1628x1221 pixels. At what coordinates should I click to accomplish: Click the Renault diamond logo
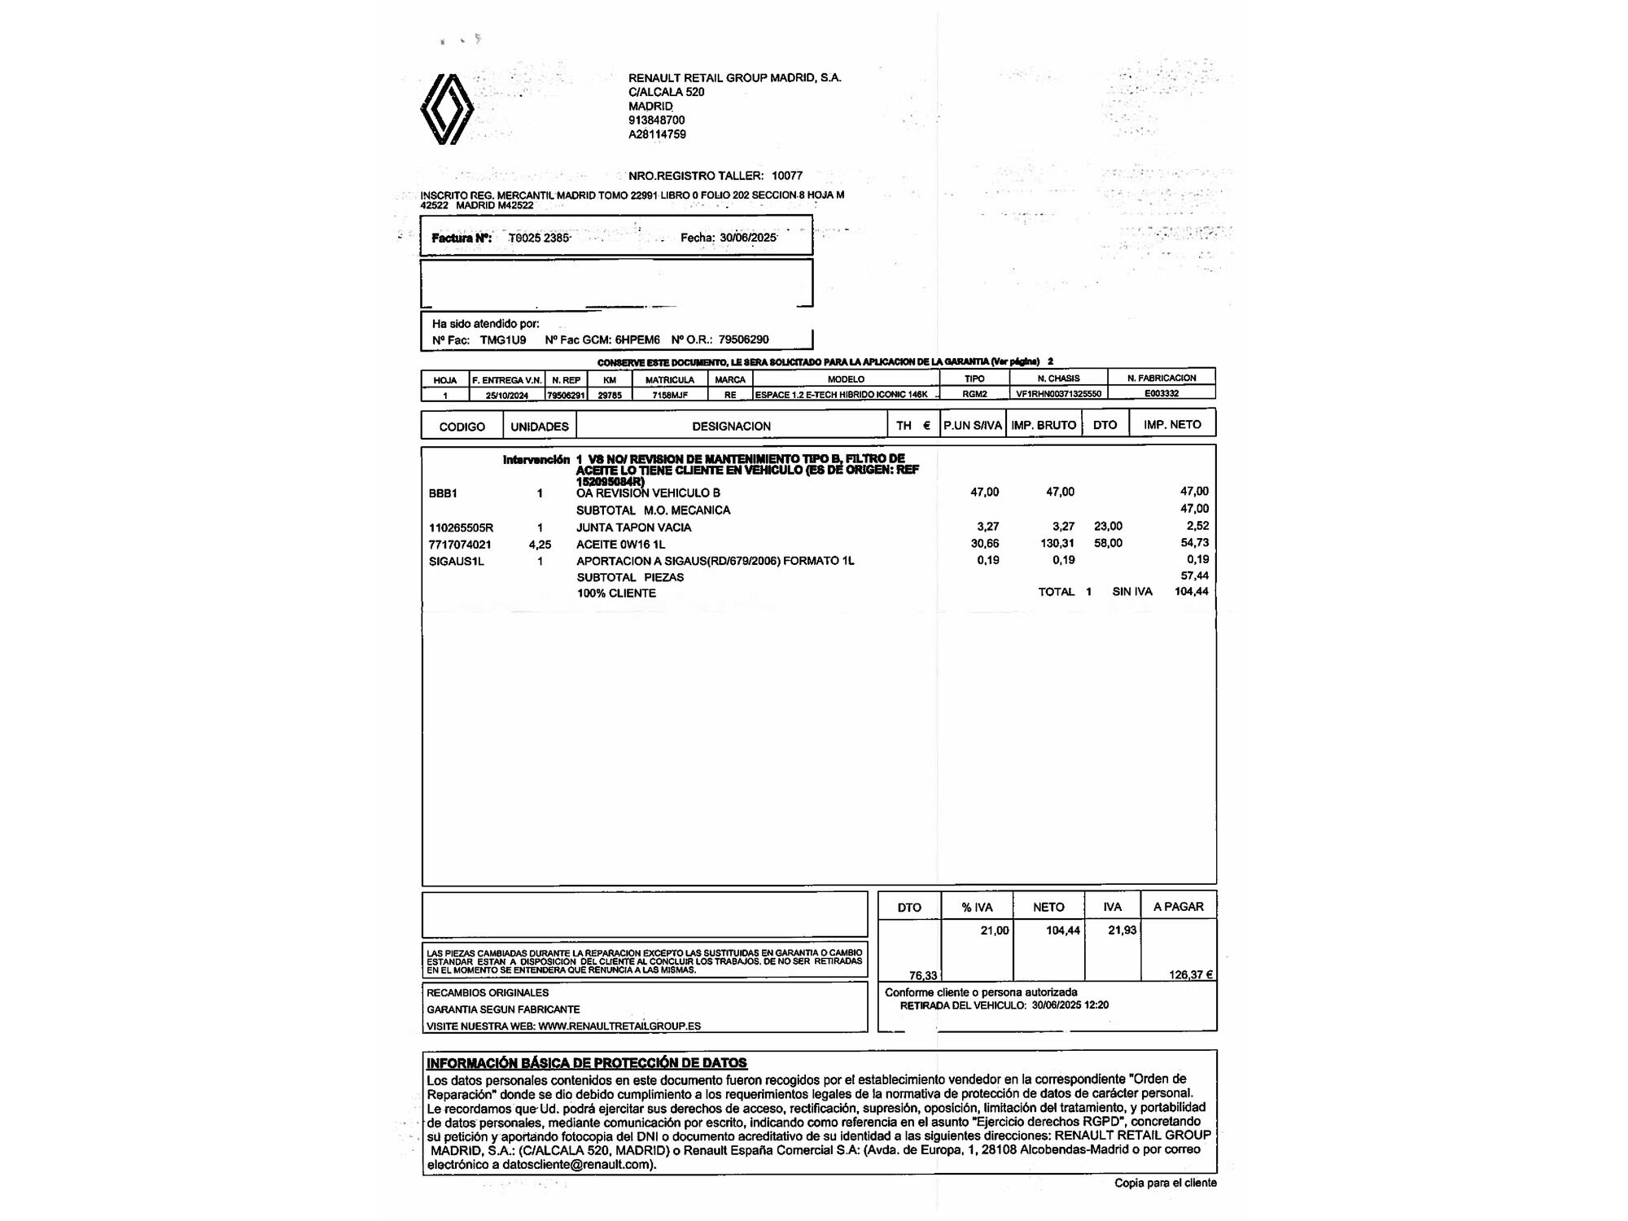[447, 109]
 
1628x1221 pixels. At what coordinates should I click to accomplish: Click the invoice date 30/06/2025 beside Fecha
[748, 238]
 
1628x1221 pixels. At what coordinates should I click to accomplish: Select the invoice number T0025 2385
[539, 238]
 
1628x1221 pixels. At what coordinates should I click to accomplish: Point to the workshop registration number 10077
[787, 176]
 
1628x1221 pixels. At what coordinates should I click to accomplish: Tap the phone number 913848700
[656, 120]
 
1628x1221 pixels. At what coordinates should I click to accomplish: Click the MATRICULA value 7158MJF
[670, 395]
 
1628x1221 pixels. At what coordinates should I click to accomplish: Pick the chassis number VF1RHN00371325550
[1058, 394]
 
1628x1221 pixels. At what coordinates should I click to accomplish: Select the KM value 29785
[610, 395]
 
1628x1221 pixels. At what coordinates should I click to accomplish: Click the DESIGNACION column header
[731, 426]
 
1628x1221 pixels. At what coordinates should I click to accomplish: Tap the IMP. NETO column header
[1172, 425]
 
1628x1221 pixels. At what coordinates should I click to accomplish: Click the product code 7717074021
[460, 545]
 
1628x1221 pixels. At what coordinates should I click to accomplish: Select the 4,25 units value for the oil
[540, 545]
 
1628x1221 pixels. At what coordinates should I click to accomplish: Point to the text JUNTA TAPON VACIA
[633, 527]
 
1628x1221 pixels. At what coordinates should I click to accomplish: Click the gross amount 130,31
[1057, 543]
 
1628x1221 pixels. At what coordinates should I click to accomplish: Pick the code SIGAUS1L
[457, 561]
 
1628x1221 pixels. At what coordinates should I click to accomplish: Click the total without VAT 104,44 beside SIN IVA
[1192, 592]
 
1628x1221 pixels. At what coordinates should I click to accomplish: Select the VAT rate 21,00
[994, 930]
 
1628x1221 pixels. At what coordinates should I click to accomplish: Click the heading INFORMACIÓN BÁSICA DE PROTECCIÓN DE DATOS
[587, 1062]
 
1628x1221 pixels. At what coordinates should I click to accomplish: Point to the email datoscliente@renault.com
[577, 1165]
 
